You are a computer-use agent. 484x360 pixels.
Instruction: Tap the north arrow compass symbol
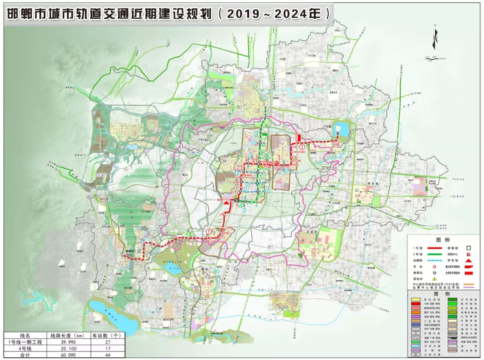434,39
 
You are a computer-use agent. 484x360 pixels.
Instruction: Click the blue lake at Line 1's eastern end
343,130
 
